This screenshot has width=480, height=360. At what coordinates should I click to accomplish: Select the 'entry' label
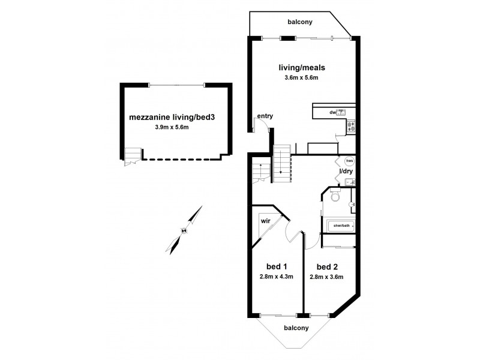(x=265, y=116)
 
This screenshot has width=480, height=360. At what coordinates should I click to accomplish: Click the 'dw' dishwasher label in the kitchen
(x=332, y=112)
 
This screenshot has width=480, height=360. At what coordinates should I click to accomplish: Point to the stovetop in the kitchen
(x=352, y=126)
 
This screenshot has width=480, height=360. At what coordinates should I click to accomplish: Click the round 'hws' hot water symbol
(x=349, y=161)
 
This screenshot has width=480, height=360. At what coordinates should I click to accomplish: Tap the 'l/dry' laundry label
(x=346, y=172)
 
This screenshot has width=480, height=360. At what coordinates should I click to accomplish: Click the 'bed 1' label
(x=277, y=266)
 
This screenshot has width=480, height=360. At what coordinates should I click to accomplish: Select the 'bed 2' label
(x=327, y=266)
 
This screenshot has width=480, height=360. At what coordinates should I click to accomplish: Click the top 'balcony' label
(x=299, y=22)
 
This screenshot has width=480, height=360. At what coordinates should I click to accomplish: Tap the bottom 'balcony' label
(x=296, y=328)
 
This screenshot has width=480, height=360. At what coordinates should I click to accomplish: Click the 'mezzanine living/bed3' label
(x=172, y=118)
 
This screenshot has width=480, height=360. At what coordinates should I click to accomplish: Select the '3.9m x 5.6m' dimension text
(x=172, y=127)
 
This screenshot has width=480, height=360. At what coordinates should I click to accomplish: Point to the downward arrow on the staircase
(x=280, y=172)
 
